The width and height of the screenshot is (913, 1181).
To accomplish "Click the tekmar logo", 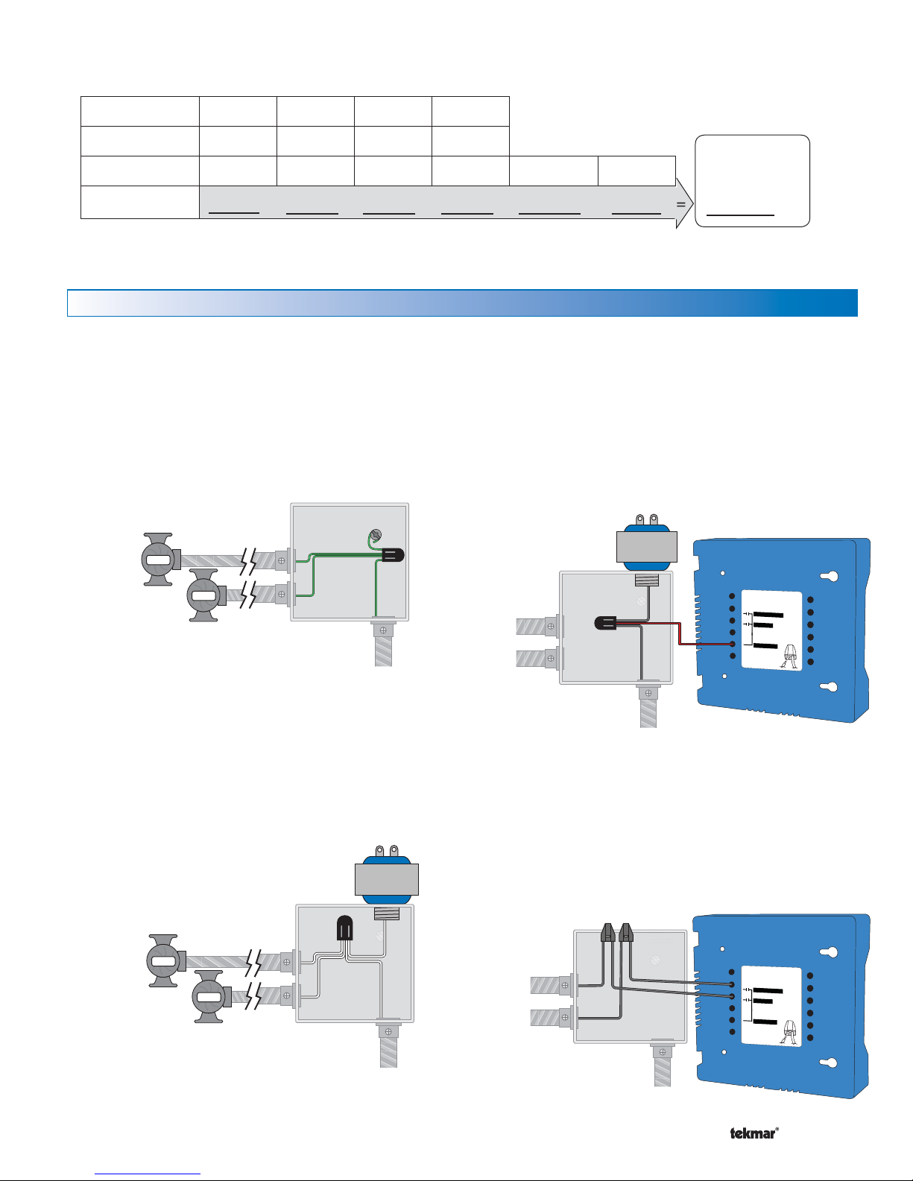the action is click(754, 1134).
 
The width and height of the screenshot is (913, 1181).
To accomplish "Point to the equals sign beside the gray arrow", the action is click(681, 204).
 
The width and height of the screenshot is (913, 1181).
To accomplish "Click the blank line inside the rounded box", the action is click(740, 215).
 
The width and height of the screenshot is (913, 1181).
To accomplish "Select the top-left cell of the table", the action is click(140, 112).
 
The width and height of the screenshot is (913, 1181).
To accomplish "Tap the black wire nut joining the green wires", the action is click(393, 555).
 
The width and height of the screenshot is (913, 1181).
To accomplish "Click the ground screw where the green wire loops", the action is click(374, 536).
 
